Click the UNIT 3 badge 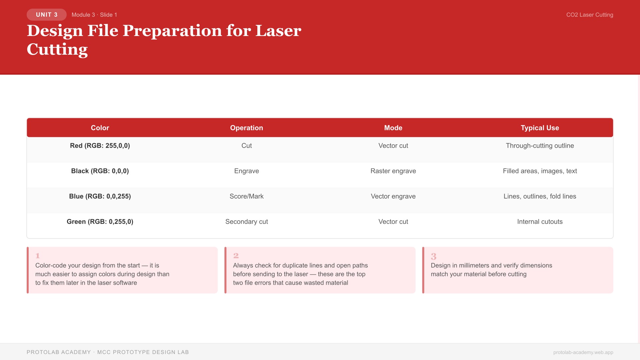pos(47,15)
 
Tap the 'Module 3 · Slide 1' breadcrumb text pos(94,15)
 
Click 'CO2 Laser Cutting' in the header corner pos(589,15)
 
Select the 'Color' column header pos(100,128)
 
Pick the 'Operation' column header pos(246,128)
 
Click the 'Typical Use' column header pos(540,128)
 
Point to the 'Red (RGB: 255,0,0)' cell pos(100,146)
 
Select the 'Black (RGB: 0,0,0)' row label pos(100,171)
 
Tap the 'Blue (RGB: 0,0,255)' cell pos(100,196)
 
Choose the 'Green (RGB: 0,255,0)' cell pos(100,222)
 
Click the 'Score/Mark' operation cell pos(246,196)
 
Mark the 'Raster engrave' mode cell pos(393,171)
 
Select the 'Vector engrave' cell pos(393,196)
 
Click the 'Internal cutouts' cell pos(540,222)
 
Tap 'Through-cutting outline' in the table pos(540,146)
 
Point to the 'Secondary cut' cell pos(246,222)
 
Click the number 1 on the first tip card pos(38,256)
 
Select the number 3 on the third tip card pos(433,256)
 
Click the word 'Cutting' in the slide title pos(57,49)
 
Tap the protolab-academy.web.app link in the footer pos(583,352)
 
